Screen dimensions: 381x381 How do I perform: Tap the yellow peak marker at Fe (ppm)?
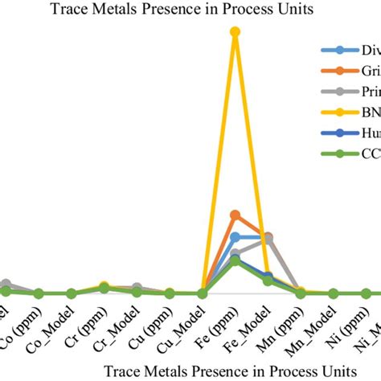235,32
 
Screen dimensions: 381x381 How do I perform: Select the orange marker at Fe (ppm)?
235,215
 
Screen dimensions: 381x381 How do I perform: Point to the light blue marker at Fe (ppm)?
235,237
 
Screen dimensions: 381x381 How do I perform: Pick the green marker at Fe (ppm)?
235,261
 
